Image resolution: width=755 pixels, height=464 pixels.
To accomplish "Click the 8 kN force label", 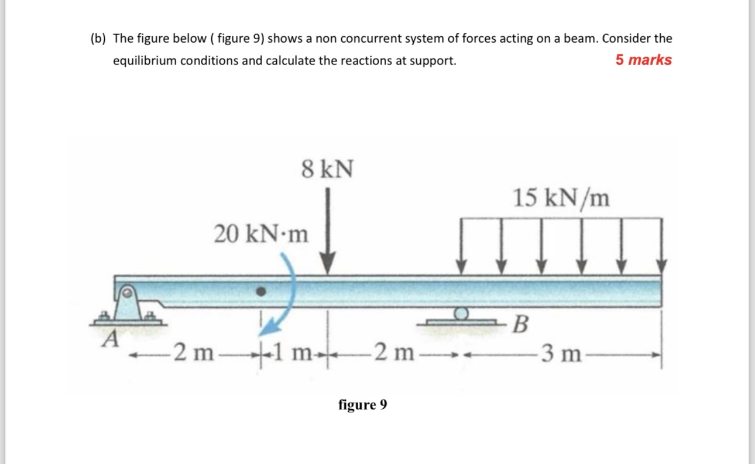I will (328, 170).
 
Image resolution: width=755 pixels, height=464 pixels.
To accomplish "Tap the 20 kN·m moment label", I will (260, 235).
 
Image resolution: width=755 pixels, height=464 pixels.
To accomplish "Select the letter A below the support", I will (109, 338).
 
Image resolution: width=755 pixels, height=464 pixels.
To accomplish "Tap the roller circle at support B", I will (462, 314).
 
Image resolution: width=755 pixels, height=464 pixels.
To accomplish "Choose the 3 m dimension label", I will (561, 353).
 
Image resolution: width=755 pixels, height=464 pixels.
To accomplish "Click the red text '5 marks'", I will (643, 60).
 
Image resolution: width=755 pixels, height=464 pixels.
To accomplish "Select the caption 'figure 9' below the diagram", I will (362, 404).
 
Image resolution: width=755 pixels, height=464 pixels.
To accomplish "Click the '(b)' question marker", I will (98, 39).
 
